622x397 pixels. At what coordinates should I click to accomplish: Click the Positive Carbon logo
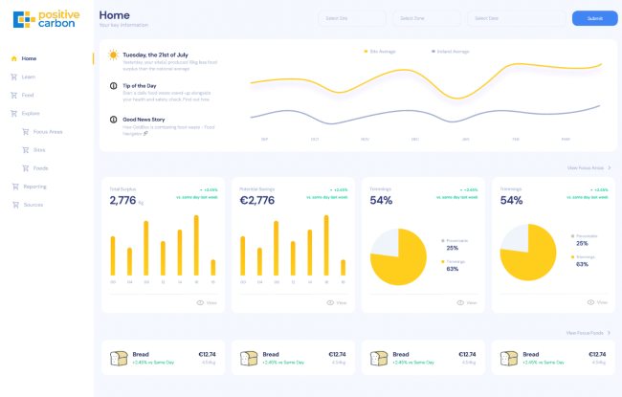[x=46, y=18]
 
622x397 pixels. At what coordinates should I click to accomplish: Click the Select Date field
[x=504, y=18]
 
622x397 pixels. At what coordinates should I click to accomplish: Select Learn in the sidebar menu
[x=29, y=77]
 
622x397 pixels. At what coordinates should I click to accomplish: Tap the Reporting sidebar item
[x=34, y=187]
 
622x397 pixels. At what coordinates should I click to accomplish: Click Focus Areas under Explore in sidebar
[x=47, y=131]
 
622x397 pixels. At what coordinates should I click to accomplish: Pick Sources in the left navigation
[x=33, y=205]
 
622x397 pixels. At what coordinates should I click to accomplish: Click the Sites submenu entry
[x=39, y=150]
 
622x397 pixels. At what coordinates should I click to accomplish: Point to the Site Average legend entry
[x=383, y=51]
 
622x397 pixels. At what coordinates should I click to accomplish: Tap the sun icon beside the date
[x=113, y=55]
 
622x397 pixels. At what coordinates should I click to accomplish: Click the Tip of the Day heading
[x=141, y=85]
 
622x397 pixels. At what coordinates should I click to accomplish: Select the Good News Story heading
[x=144, y=119]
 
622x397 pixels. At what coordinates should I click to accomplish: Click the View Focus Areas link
[x=587, y=167]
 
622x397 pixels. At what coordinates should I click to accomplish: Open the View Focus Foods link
[x=587, y=332]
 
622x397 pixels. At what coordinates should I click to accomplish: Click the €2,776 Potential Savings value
[x=257, y=201]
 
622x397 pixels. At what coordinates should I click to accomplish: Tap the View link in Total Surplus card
[x=207, y=302]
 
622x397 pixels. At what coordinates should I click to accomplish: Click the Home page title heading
[x=114, y=15]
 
